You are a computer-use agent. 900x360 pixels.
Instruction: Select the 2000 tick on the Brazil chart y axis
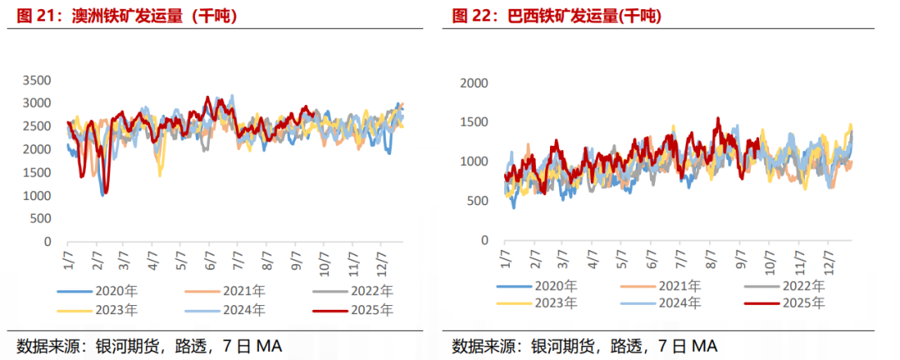(474, 83)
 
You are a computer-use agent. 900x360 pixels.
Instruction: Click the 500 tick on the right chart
(477, 201)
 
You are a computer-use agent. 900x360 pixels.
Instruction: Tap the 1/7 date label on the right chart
(506, 262)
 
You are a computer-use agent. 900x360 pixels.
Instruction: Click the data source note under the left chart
(150, 345)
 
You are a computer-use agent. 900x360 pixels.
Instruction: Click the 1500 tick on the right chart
(474, 122)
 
